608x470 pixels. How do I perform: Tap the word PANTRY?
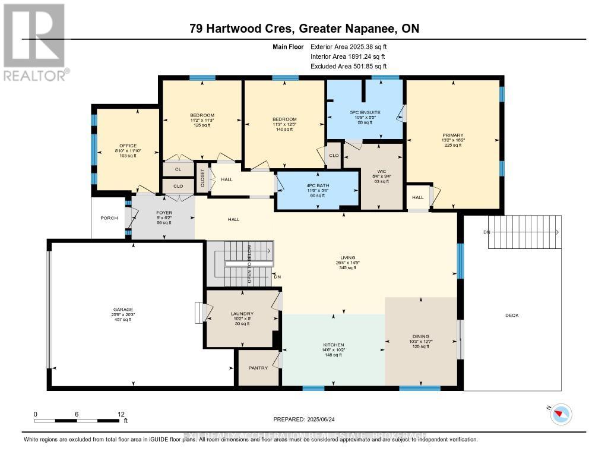coord(258,368)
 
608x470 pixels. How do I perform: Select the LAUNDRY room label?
coord(242,314)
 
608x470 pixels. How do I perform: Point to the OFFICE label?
coord(128,146)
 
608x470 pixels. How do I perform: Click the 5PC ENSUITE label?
coord(365,112)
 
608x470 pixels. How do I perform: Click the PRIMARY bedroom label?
coord(452,135)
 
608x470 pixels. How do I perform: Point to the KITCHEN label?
coord(333,345)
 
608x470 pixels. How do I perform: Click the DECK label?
coord(511,315)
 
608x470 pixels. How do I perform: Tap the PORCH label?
coord(109,218)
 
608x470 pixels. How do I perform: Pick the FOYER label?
coord(163,211)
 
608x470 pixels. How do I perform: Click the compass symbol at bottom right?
coord(561,414)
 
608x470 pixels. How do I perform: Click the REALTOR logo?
coord(34,42)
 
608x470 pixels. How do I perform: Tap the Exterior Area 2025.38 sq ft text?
coord(353,46)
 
